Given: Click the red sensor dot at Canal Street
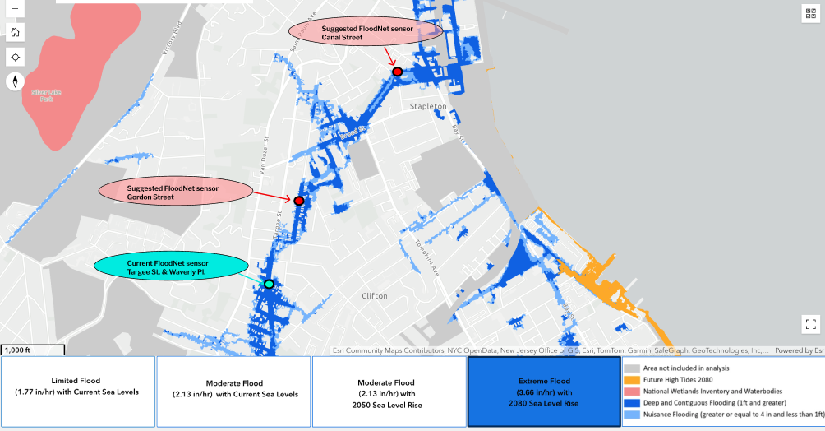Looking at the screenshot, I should click(398, 72).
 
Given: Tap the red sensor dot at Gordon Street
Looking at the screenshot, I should click(299, 201).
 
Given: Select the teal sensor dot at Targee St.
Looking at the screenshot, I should click(269, 284).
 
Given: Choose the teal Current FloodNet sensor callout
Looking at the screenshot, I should click(171, 266).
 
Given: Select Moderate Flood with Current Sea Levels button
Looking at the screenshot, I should click(233, 392).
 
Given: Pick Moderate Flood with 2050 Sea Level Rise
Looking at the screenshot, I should click(389, 392).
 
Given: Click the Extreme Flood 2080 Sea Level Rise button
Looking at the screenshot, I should click(543, 392).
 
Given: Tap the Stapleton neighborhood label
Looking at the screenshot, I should click(428, 107).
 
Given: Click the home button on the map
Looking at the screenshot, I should click(16, 32).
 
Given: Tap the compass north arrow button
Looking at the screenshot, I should click(16, 81).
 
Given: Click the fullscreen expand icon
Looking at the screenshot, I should click(810, 324).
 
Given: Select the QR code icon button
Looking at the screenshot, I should click(810, 13).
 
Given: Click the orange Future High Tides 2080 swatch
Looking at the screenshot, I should click(632, 380).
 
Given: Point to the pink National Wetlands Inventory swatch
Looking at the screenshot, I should click(632, 392).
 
